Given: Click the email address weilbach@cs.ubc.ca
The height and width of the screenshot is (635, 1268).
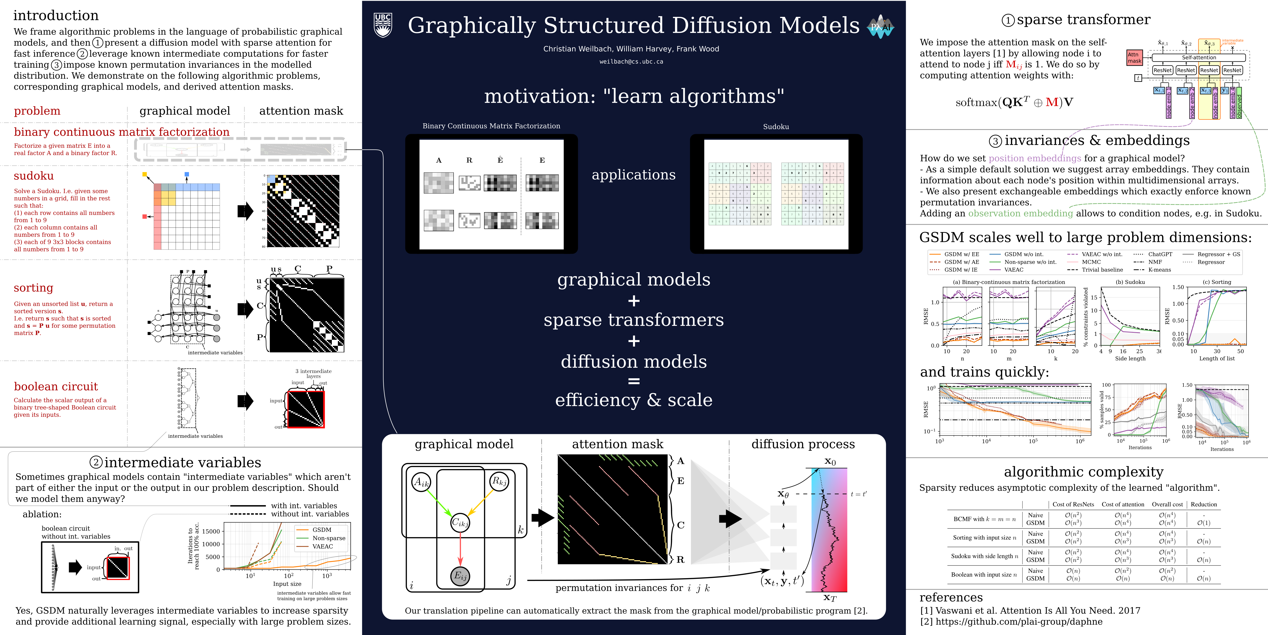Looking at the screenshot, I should [631, 61].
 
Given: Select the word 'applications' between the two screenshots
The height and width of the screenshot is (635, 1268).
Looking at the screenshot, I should [633, 175].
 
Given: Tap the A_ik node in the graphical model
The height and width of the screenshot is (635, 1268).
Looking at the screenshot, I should [421, 482].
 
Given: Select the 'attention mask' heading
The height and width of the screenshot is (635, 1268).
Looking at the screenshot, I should [617, 444].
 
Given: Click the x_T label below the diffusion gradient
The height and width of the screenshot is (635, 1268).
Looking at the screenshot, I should [830, 598].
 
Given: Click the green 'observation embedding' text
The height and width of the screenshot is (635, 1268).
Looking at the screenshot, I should [1020, 213].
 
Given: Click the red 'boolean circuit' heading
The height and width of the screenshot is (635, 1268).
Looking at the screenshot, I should [56, 386].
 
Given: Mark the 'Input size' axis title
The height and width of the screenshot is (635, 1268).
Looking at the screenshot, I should [287, 584].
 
